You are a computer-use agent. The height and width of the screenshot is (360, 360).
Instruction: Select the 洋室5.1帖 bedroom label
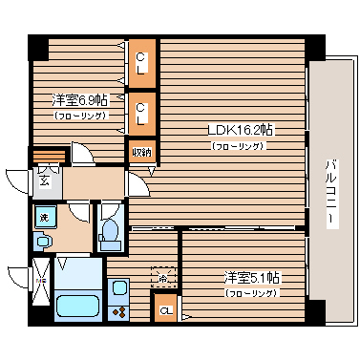pyautogui.click(x=252, y=278)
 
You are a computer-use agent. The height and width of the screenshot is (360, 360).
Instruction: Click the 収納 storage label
pyautogui.click(x=141, y=150)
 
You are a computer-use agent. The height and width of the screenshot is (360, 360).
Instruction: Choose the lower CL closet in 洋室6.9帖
pyautogui.click(x=141, y=113)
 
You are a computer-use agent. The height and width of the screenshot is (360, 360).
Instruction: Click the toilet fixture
pyautogui.click(x=110, y=232)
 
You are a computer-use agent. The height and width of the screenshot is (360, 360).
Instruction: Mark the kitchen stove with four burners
pyautogui.click(x=118, y=310)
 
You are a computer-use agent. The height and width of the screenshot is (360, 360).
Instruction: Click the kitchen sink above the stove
pyautogui.click(x=118, y=287)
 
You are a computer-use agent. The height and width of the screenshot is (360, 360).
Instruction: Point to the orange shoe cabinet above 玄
pyautogui.click(x=50, y=155)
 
